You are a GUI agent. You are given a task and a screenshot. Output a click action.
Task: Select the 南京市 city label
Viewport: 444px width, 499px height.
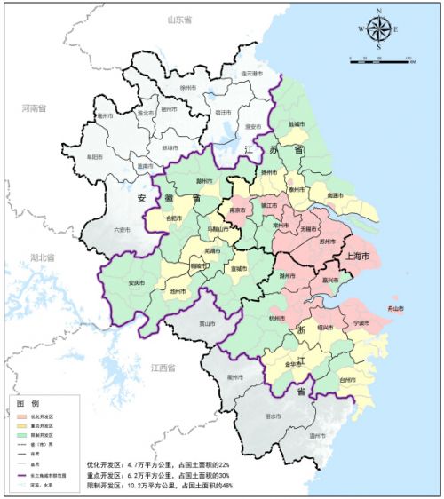tap(237, 210)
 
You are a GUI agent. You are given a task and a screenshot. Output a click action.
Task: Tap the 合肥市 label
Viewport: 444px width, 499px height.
tap(178, 217)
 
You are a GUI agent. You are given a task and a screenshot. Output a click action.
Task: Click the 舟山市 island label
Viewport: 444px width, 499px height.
tap(390, 308)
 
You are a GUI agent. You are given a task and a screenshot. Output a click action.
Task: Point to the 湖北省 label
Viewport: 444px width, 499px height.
tap(42, 257)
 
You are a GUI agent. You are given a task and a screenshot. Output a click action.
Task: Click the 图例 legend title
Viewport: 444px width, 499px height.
tap(28, 403)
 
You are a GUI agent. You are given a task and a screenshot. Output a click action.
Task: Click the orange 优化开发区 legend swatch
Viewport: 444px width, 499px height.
tap(20, 416)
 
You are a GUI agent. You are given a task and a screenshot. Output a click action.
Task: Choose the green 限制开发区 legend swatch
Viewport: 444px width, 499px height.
tap(20, 436)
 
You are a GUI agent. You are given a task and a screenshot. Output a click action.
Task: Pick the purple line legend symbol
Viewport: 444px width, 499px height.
tap(20, 476)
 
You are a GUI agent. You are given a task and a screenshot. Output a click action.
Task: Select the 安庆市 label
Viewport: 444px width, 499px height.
tap(137, 283)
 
